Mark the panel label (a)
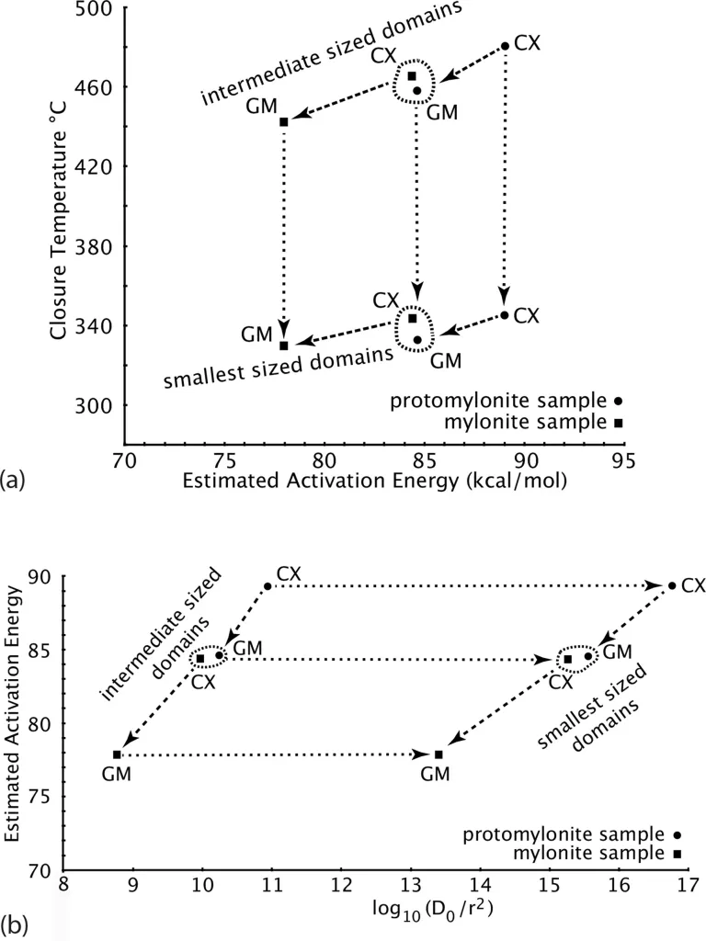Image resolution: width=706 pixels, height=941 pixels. tap(15, 479)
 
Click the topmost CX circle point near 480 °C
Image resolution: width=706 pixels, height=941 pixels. tap(505, 46)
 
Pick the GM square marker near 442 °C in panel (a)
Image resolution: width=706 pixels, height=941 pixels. tap(284, 122)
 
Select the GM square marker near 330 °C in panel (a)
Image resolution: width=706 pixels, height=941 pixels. tap(284, 346)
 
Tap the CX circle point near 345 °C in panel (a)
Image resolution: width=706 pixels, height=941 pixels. tap(505, 315)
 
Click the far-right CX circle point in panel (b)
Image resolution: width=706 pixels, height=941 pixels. tap(672, 586)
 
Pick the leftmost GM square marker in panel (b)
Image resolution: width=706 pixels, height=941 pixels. tap(117, 754)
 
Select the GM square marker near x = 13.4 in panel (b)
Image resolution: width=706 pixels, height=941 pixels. tap(438, 754)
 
